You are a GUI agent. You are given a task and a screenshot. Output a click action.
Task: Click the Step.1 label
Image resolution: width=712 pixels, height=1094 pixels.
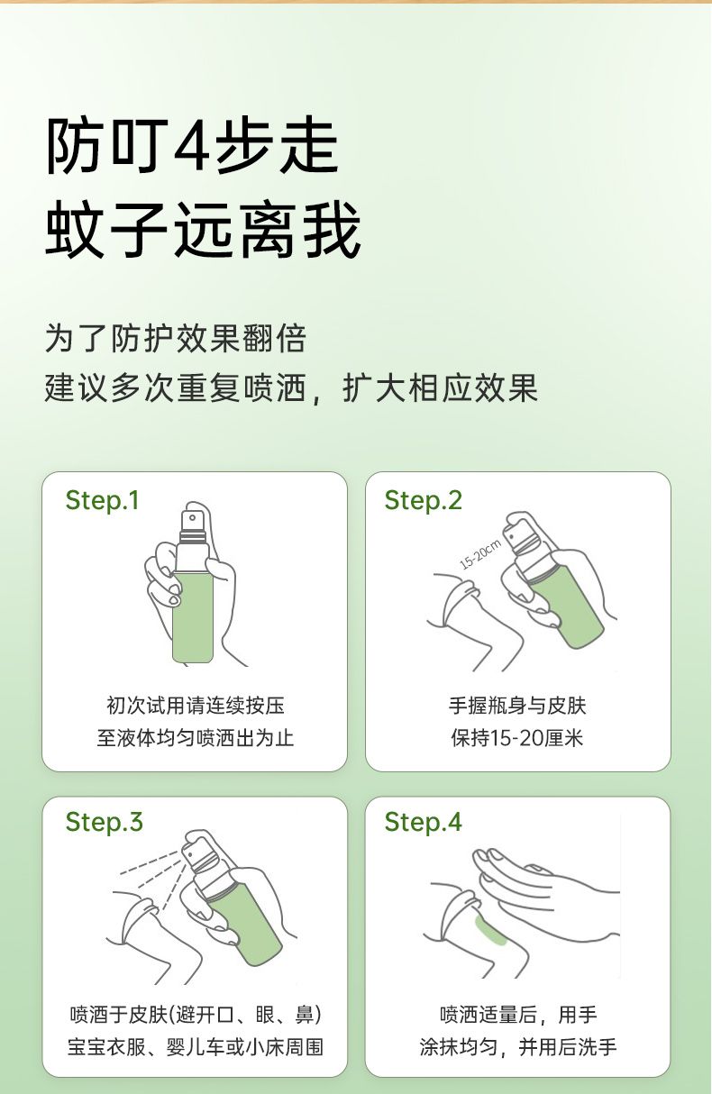[x=103, y=501]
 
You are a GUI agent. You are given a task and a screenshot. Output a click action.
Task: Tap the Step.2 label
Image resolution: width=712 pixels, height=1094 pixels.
[x=423, y=501]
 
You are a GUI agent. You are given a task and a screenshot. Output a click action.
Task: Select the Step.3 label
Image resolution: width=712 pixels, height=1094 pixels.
[x=104, y=822]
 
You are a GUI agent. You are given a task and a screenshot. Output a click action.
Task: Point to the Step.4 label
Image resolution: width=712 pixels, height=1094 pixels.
[x=423, y=822]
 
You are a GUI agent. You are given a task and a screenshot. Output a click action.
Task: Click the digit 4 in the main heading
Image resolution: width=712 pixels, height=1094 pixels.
[x=194, y=147]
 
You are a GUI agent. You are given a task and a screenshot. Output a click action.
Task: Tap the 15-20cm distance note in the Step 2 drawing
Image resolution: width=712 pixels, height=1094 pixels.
[x=480, y=554]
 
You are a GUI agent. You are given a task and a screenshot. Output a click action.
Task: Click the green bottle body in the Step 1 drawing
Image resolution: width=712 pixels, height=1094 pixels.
[x=192, y=618]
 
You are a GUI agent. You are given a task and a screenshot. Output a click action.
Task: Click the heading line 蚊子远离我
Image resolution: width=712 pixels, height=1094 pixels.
[x=203, y=230]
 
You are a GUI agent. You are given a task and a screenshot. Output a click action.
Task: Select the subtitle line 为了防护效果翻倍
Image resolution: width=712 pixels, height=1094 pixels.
[x=176, y=338]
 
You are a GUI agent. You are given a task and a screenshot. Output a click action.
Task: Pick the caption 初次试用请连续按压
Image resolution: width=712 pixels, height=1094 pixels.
[x=196, y=706]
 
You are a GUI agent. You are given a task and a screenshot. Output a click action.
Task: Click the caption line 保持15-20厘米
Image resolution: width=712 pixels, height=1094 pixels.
[x=517, y=737]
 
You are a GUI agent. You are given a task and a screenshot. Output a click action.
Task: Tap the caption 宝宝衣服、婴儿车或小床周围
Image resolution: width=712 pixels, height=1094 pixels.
[x=196, y=1046]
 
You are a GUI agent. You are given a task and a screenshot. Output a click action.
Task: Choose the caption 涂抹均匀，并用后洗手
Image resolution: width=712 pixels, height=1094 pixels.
[x=517, y=1046]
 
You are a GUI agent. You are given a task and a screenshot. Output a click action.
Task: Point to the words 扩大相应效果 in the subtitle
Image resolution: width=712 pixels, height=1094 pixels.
[x=440, y=388]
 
